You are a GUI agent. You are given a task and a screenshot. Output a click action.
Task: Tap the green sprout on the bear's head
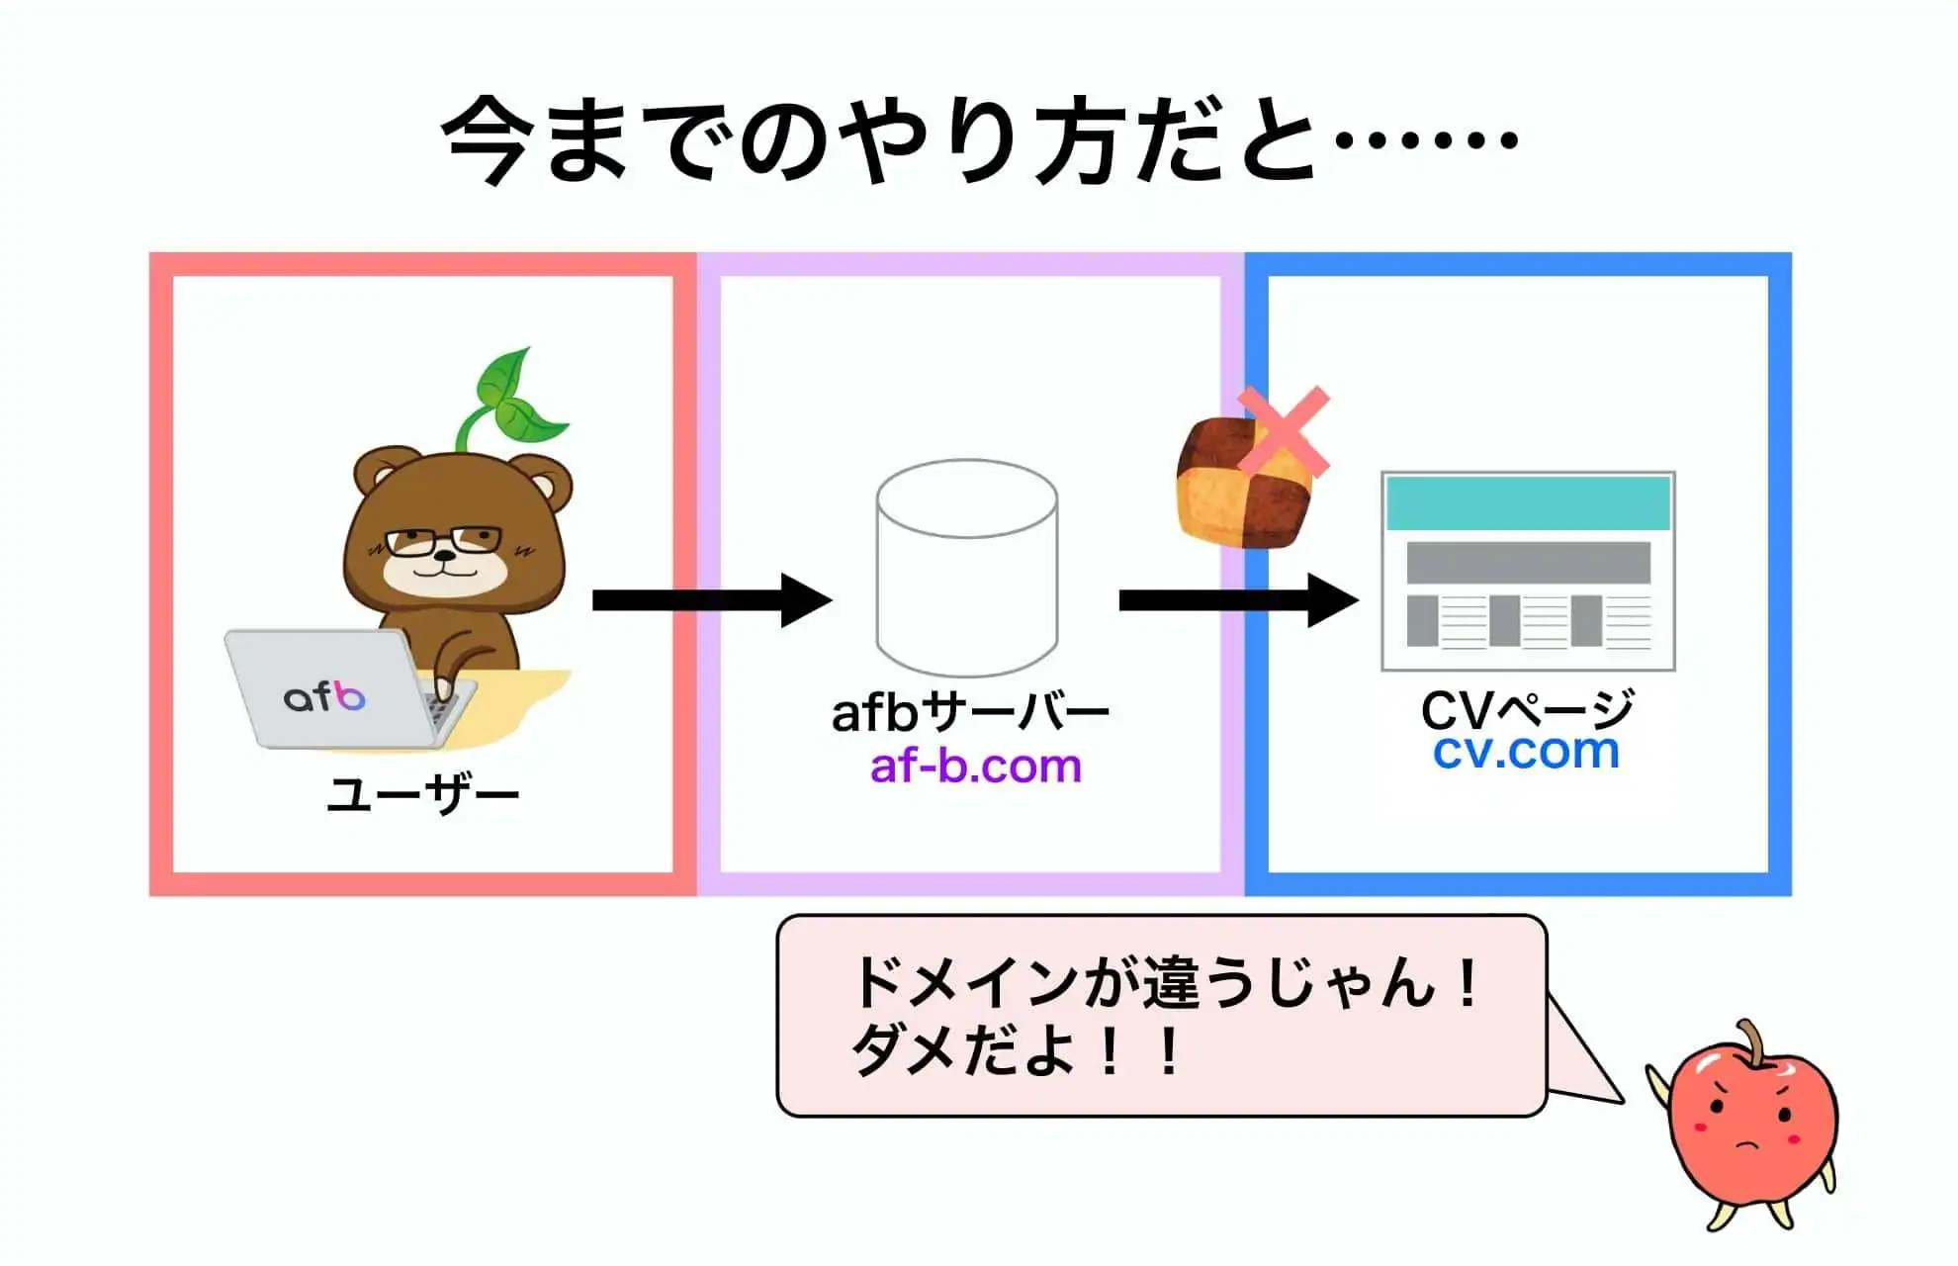click(x=509, y=401)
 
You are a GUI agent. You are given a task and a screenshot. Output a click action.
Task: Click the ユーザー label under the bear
click(x=423, y=794)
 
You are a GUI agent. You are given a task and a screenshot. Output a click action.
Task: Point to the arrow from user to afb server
click(x=712, y=600)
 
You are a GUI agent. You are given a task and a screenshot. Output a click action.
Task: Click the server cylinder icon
click(x=967, y=568)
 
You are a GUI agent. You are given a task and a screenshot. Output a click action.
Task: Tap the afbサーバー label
click(x=970, y=712)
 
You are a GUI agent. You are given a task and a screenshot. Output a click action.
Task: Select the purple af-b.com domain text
click(x=976, y=767)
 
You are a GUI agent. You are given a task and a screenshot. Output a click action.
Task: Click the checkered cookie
click(x=1244, y=483)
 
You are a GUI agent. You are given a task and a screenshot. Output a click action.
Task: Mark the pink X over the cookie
click(x=1284, y=431)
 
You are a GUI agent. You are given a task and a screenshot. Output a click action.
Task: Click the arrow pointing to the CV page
click(x=1239, y=599)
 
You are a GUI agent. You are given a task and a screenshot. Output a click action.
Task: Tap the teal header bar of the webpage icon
click(x=1528, y=503)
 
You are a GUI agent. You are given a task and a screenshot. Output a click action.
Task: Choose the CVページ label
click(x=1528, y=709)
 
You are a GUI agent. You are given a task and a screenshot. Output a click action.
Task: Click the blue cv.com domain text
click(x=1527, y=752)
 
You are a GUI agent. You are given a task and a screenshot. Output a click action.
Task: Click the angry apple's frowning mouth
click(x=1749, y=1145)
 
